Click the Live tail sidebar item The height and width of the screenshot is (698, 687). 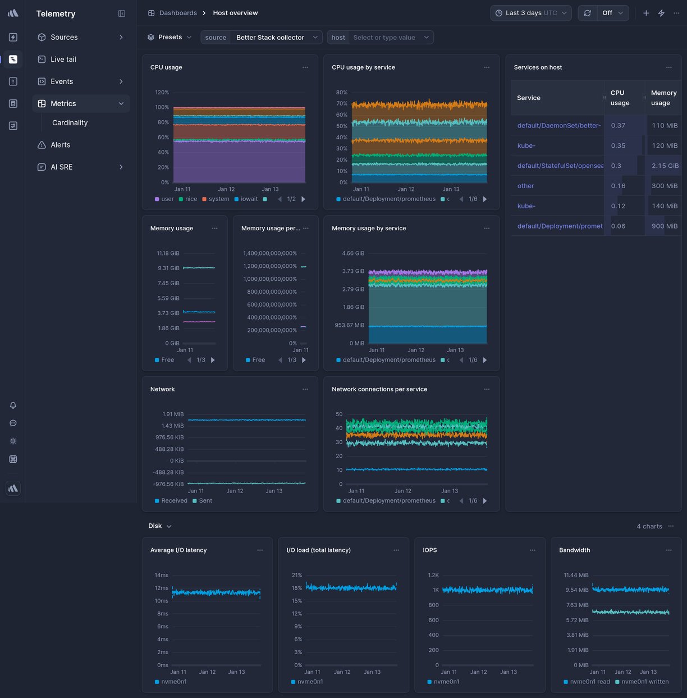63,60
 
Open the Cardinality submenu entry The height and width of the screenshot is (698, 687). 70,123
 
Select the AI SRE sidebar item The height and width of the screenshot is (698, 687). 61,167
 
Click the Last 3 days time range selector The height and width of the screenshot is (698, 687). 530,13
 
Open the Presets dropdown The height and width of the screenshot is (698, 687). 170,38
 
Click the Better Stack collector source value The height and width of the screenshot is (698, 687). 270,38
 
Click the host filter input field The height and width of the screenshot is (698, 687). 384,38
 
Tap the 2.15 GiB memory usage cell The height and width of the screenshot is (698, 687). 665,166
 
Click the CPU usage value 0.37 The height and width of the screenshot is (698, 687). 618,126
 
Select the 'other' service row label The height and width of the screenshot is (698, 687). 525,186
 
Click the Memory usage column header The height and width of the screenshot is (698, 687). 663,98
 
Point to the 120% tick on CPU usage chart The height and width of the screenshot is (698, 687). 162,93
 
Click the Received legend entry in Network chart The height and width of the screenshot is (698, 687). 174,501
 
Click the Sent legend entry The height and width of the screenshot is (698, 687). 205,501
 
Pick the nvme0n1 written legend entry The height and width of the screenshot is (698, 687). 644,682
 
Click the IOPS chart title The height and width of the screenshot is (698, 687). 430,550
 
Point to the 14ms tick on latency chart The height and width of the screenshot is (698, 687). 161,576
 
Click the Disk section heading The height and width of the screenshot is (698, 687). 155,526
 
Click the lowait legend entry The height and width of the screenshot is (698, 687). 249,199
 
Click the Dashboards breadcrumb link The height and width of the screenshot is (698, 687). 178,13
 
